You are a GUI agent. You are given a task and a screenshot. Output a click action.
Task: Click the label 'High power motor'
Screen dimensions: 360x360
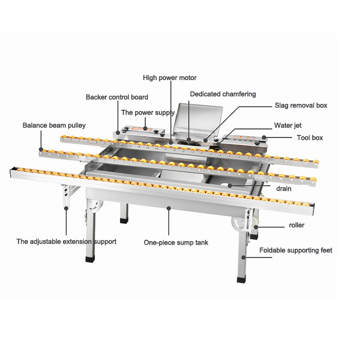click(x=170, y=78)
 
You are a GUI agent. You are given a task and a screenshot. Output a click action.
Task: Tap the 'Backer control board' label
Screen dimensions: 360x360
click(x=117, y=97)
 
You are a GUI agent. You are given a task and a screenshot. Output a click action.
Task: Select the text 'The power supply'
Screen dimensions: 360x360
click(x=148, y=112)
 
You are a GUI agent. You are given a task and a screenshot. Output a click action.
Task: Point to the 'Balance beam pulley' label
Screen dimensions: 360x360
click(x=54, y=125)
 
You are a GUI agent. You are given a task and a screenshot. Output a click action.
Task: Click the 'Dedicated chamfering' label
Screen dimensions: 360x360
click(x=223, y=94)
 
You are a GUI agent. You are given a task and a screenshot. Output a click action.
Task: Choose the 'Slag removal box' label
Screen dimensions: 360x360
click(x=301, y=105)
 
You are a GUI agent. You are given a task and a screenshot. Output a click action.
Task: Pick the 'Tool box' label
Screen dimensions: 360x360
click(x=310, y=137)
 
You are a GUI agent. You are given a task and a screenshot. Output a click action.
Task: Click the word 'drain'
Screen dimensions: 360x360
click(x=284, y=189)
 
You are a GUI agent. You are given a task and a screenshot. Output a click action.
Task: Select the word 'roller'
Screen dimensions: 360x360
click(x=297, y=225)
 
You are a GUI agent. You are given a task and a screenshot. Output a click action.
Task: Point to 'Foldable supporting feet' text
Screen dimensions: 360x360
click(x=296, y=250)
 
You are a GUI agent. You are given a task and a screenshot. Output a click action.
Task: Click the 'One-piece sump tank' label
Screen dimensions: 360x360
click(x=176, y=243)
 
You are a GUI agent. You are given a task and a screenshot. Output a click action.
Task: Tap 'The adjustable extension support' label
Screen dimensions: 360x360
click(x=67, y=242)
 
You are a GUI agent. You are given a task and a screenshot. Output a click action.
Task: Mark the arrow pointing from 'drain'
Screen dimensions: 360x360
click(x=250, y=185)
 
